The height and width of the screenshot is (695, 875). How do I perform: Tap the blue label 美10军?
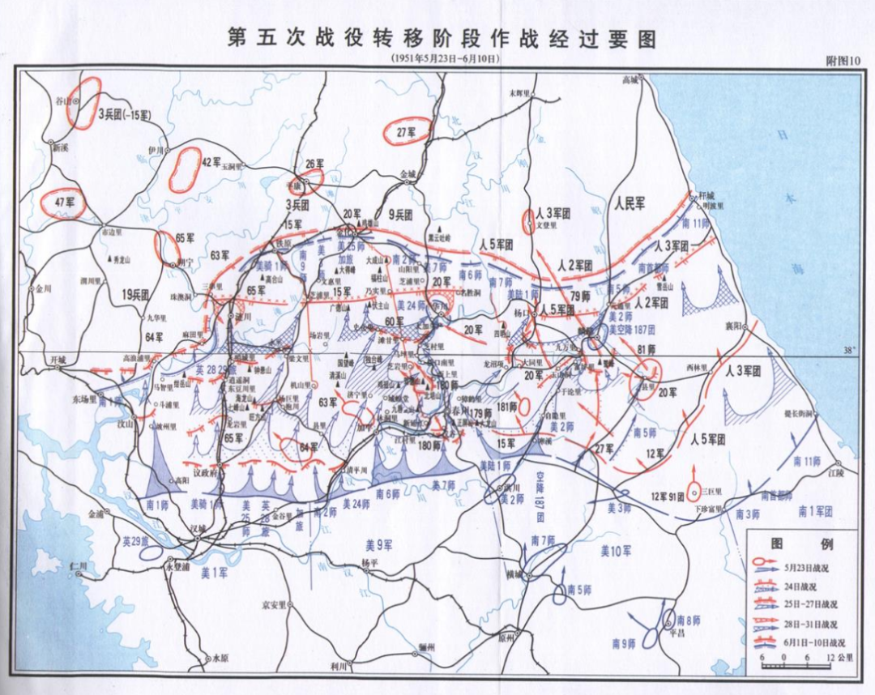(615, 551)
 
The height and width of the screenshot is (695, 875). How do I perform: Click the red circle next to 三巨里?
(694, 492)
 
